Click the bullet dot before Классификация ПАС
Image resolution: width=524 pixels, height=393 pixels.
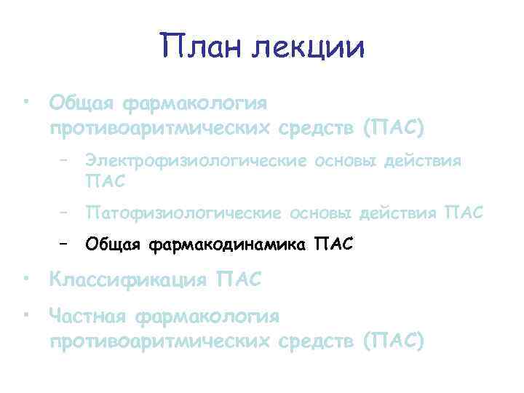pyautogui.click(x=25, y=279)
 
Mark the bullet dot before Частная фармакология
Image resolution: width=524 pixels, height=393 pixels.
pyautogui.click(x=25, y=314)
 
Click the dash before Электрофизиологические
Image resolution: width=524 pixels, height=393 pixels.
pyautogui.click(x=65, y=160)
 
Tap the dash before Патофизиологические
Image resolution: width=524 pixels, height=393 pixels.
pyautogui.click(x=65, y=212)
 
